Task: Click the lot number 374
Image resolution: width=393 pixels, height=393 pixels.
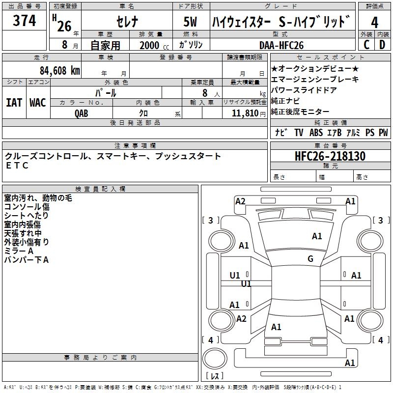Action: point(25,21)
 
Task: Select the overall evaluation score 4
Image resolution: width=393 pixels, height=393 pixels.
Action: point(375,22)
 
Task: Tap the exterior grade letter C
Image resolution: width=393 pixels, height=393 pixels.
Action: point(366,45)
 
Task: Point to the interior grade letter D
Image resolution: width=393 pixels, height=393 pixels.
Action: point(382,45)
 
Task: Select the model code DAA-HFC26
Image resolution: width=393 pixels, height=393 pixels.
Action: point(281,45)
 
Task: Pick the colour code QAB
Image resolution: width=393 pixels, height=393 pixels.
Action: point(82,113)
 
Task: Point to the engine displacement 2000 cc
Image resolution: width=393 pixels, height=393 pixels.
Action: point(152,45)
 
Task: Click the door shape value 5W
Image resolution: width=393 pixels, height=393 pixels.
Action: point(191,23)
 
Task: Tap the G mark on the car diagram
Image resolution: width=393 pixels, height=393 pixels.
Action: point(310,258)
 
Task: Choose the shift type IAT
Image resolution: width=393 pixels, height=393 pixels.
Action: point(14,102)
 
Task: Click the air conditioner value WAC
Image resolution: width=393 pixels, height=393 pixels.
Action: point(38,102)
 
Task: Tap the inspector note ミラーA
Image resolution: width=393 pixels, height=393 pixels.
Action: point(19,251)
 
